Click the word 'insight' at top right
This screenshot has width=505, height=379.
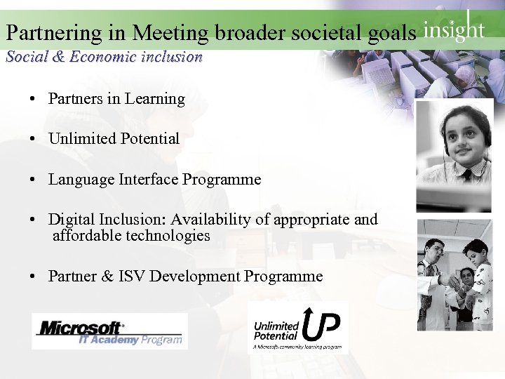point(453,30)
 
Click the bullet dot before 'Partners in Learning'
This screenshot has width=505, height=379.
point(34,100)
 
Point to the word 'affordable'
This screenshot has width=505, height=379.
point(87,236)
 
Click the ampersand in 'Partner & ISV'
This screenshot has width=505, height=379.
point(107,277)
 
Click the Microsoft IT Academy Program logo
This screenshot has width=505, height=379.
point(109,331)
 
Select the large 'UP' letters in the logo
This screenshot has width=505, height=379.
point(321,323)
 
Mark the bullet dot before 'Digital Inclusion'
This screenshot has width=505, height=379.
point(34,220)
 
